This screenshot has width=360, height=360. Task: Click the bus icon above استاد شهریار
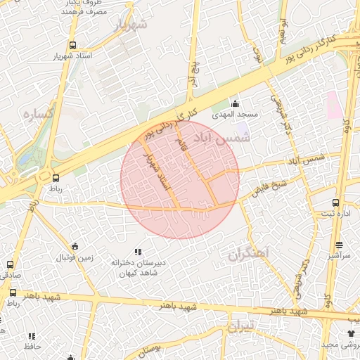pos(73,45)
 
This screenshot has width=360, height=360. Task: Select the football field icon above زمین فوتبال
pos(75,246)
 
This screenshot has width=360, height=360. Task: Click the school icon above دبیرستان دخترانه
pos(138,251)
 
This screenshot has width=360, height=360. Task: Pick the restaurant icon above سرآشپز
pos(340,245)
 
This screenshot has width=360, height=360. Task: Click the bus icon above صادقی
pos(10,264)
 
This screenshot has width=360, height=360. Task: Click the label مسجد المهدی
pos(237,114)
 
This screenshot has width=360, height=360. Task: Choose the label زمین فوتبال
pos(75,257)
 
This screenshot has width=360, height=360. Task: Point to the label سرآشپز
pos(340,257)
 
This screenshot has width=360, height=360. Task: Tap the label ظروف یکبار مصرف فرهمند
pos(87,8)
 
